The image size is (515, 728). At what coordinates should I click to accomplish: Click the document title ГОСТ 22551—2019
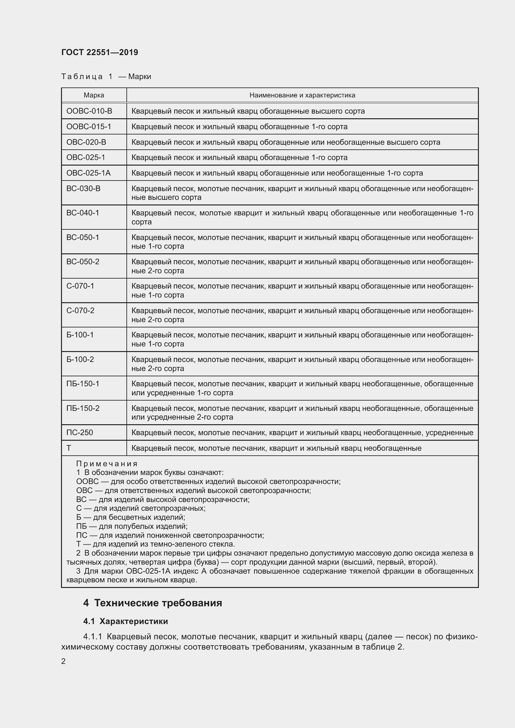[100, 52]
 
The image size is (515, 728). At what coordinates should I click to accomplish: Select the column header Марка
[94, 95]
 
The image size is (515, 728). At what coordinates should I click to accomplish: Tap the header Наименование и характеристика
[302, 95]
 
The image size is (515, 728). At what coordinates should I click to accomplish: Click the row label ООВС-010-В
[89, 111]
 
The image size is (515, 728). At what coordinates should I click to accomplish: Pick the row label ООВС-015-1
[89, 127]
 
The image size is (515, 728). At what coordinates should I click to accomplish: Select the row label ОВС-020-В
[86, 142]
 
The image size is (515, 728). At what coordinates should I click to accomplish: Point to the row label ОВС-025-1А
[88, 173]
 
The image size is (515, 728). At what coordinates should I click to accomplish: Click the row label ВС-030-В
[83, 189]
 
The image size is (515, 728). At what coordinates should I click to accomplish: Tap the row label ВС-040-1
[83, 213]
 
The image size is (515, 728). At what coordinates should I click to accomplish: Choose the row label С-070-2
[80, 310]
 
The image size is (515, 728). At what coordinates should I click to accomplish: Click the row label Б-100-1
[80, 335]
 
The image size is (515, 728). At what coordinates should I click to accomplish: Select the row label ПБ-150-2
[83, 408]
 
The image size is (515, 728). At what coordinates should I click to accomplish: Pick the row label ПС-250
[80, 433]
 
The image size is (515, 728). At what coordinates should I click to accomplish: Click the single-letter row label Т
[69, 448]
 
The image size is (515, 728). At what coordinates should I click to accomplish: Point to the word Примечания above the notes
[106, 464]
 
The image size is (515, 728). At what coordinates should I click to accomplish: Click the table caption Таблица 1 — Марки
[106, 77]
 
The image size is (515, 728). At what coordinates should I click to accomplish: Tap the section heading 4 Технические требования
[153, 603]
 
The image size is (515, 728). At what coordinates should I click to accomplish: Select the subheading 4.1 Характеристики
[125, 622]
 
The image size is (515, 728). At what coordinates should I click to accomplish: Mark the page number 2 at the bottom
[64, 661]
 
